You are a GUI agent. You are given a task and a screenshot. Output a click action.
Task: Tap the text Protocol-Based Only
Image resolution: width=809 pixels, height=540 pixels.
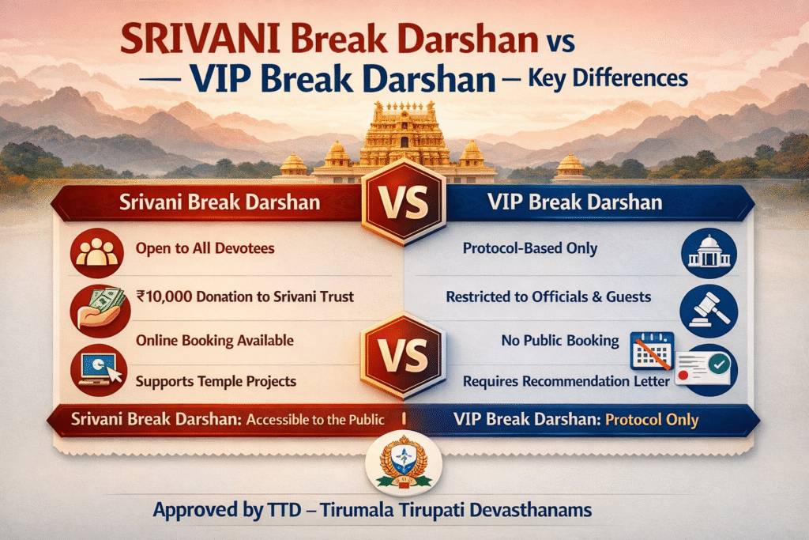point(529,249)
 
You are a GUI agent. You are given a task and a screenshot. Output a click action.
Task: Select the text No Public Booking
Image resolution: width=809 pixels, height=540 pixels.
point(559,341)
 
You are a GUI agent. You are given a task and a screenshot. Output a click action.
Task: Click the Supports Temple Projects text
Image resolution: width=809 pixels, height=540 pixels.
point(216,381)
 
